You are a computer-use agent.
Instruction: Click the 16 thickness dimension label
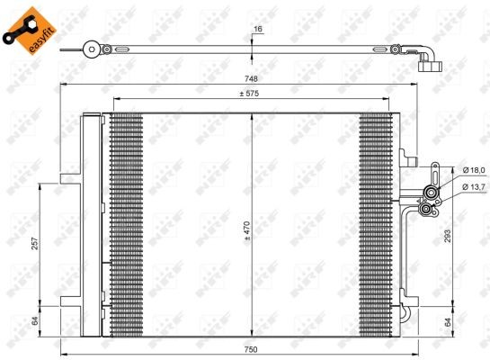pyautogui.click(x=258, y=30)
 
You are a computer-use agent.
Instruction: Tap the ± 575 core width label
pyautogui.click(x=249, y=94)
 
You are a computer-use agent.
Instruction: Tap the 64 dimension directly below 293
pyautogui.click(x=448, y=320)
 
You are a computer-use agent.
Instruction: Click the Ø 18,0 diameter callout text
pyautogui.click(x=472, y=169)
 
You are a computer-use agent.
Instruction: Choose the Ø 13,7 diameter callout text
pyautogui.click(x=472, y=186)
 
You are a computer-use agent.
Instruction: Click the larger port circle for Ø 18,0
pyautogui.click(x=431, y=192)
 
